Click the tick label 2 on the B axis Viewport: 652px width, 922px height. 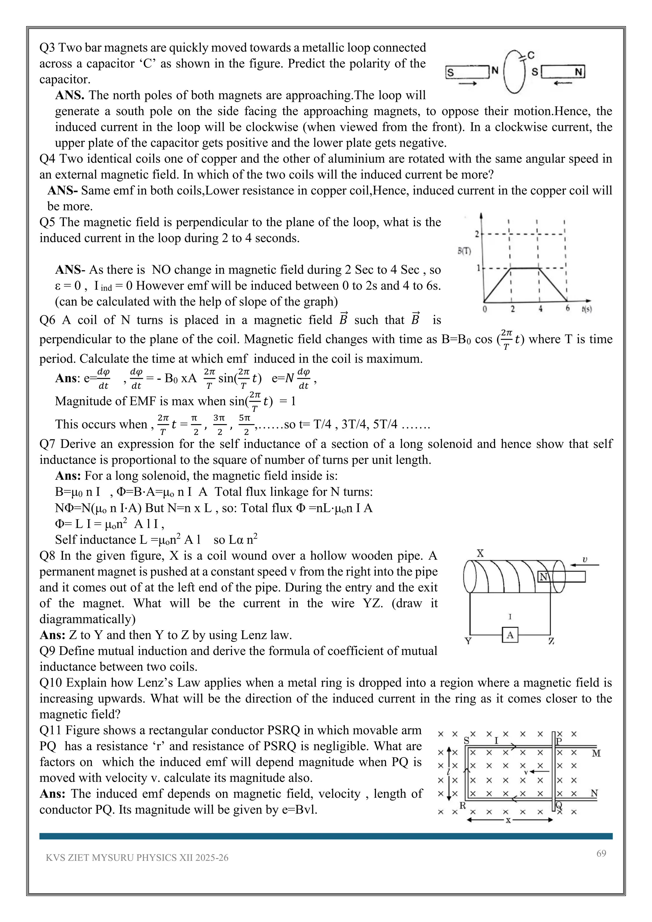pos(477,234)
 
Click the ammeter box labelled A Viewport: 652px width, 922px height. pos(510,635)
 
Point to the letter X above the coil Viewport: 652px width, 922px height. pos(480,554)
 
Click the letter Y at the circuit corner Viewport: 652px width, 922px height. pos(468,641)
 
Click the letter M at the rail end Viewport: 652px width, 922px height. pos(596,753)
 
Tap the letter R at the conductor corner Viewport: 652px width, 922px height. pos(463,805)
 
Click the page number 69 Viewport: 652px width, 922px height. pos(601,853)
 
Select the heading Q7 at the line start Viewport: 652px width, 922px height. pos(48,444)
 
